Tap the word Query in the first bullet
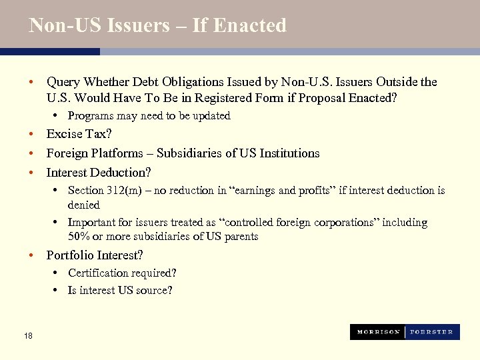(x=63, y=82)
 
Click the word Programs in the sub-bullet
(x=90, y=116)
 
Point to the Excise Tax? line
(x=79, y=134)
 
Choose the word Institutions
(x=287, y=153)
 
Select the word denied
(x=83, y=205)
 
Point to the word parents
(x=241, y=237)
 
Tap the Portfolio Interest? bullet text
(x=94, y=255)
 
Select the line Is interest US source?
(x=120, y=291)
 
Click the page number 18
(x=27, y=336)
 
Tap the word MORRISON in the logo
(x=378, y=332)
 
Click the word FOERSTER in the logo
(x=431, y=332)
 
